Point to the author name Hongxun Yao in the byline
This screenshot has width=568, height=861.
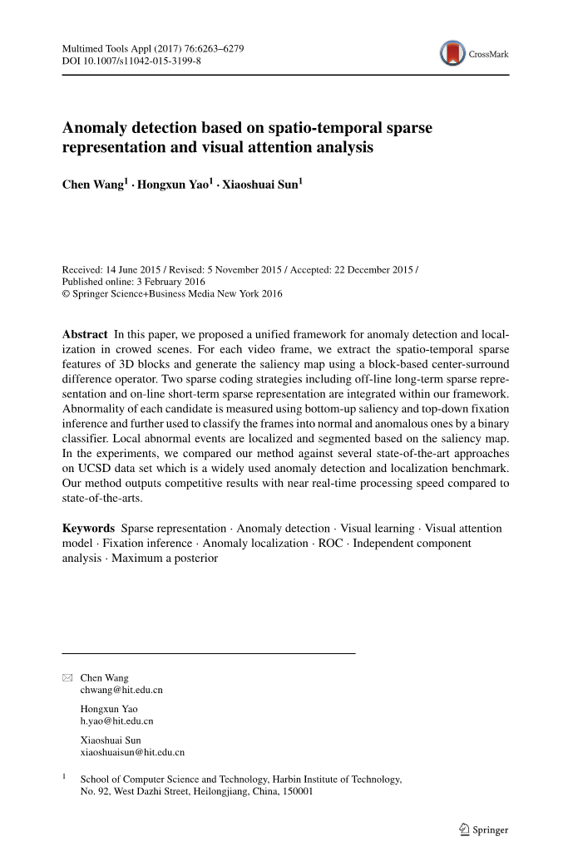(174, 184)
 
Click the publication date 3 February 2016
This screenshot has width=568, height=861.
(156, 282)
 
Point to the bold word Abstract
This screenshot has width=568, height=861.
(85, 334)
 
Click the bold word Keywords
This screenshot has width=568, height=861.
(88, 529)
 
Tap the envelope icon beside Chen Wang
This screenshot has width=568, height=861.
(67, 678)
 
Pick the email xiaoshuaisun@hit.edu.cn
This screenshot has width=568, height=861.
(131, 752)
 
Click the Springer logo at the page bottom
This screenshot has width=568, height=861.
(482, 829)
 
